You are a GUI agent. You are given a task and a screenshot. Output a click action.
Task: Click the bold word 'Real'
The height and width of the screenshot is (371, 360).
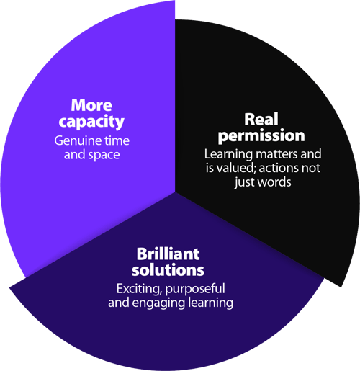[261, 119]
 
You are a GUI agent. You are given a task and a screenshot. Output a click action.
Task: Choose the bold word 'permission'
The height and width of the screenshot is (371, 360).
[261, 135]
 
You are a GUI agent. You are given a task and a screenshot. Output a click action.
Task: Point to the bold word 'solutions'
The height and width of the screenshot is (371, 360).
[168, 271]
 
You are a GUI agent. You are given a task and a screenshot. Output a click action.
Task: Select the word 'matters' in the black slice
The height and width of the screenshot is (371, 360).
[271, 153]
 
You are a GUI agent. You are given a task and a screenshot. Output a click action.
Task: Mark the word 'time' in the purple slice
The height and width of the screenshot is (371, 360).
[115, 140]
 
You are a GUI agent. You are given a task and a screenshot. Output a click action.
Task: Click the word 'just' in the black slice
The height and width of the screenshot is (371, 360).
[243, 182]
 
